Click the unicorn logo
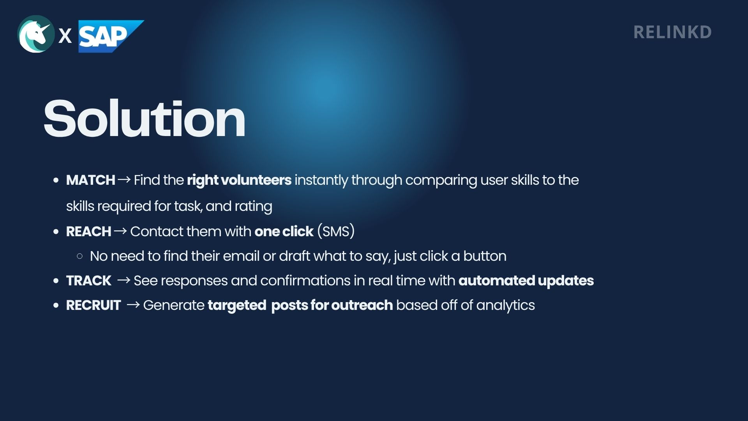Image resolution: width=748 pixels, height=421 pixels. (36, 34)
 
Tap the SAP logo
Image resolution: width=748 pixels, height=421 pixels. (111, 36)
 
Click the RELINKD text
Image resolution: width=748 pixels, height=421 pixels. (672, 32)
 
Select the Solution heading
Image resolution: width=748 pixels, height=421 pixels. (145, 119)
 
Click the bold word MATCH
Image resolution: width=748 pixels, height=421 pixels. (90, 180)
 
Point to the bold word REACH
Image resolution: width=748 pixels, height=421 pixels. (88, 232)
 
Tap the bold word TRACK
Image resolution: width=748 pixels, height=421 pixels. (88, 281)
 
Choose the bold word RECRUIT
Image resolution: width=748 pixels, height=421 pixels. (93, 305)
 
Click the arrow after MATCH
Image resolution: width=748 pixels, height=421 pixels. (124, 180)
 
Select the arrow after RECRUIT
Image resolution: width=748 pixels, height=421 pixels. (133, 305)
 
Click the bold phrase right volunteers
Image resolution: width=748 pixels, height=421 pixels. (239, 180)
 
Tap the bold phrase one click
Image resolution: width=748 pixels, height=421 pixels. (284, 232)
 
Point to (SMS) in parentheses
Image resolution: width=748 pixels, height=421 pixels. (336, 231)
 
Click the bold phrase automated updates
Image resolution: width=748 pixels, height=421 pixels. (526, 281)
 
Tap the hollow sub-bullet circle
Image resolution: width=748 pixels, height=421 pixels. (80, 256)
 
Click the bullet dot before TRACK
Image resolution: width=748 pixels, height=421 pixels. (56, 281)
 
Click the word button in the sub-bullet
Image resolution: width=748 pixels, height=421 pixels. (485, 256)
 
